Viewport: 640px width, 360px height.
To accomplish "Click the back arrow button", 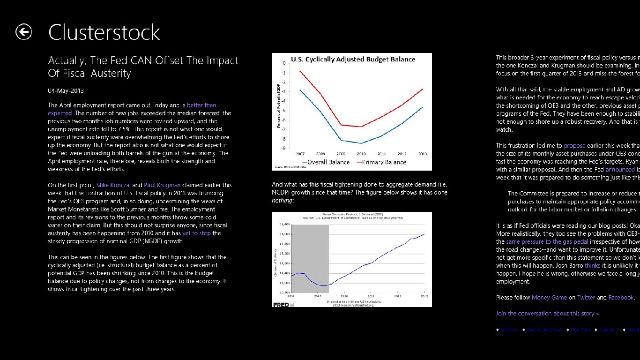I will point(23,32).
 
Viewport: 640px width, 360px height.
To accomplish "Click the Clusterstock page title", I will point(104,32).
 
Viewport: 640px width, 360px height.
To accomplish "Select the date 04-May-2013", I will point(66,90).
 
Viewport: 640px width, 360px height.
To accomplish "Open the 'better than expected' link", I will point(201,105).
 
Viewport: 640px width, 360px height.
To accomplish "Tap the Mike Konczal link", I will point(113,185).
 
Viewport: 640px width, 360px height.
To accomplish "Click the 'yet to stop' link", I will point(196,233).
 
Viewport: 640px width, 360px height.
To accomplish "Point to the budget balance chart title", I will point(353,60).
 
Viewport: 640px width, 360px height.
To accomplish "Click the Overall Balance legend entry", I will point(328,162).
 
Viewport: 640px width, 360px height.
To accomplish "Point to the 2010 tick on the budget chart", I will point(361,154).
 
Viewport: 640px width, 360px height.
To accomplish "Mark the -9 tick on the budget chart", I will point(283,148).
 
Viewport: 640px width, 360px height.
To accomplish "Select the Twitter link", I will point(586,298).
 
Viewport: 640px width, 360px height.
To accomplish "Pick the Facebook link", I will point(621,298).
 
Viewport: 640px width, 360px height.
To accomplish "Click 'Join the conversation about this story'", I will point(547,314).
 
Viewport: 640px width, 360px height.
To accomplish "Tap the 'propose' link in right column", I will point(574,146).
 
